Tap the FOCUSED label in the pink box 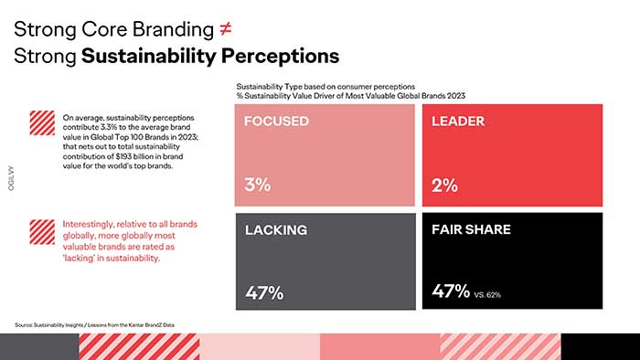coord(275,121)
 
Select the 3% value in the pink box coord(258,184)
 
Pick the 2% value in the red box coord(444,184)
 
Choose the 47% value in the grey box coord(264,293)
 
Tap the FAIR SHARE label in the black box coord(471,230)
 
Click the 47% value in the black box coord(450,292)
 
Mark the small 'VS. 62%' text coord(487,295)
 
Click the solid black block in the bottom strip coord(600,346)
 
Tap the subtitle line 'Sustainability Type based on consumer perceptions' coord(325,86)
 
